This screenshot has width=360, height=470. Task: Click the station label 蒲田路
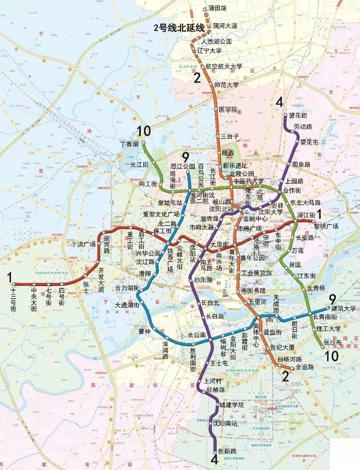coord(217,8)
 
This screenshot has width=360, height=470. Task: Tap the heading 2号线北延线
coord(179,28)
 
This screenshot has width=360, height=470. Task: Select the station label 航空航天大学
coord(224,67)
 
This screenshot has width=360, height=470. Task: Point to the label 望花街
coord(298,115)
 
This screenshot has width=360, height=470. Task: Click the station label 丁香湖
coord(129,144)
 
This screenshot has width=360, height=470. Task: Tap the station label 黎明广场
coord(326,226)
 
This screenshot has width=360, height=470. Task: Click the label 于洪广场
coord(84,244)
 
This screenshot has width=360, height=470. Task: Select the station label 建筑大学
coord(343,309)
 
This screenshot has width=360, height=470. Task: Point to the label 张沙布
coord(333,342)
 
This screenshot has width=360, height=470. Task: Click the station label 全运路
coord(305,367)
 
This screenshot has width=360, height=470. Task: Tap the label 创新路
coord(227,451)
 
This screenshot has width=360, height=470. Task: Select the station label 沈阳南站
coord(225,423)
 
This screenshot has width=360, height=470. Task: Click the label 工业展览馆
coord(257,273)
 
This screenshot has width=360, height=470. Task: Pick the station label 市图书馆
coord(253,291)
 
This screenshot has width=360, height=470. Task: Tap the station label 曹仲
coord(145,332)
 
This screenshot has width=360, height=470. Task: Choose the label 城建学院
coord(232,405)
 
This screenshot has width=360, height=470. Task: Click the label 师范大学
coord(226,85)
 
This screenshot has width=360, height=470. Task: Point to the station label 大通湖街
coord(127,305)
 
